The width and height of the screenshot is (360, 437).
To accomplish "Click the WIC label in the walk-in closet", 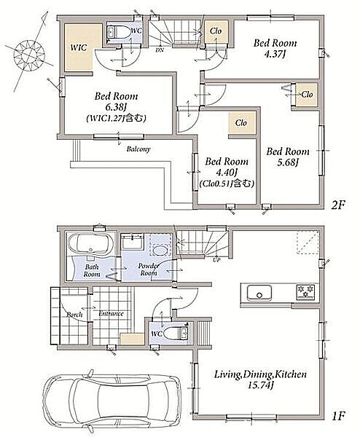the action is (x=79, y=47).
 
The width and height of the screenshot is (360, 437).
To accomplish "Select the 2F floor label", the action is (x=338, y=205).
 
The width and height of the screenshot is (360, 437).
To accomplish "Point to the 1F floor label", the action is (x=339, y=417).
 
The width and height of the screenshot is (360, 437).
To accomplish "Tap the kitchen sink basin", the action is (x=259, y=294).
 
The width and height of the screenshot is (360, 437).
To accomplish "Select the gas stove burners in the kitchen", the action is (x=305, y=292).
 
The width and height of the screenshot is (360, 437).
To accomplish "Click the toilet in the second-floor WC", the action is (x=119, y=34).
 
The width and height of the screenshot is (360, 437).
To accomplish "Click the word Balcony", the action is (x=138, y=149).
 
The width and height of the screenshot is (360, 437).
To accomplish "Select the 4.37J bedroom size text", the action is (x=275, y=54).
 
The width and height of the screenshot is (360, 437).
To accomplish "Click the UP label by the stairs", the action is (x=216, y=260).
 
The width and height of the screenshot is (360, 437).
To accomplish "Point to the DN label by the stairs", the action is (x=160, y=50).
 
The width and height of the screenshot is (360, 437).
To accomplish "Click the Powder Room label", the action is (x=149, y=269).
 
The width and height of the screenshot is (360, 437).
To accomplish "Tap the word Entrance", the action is (x=111, y=313).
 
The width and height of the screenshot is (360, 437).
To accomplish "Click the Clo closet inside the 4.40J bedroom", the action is (x=242, y=123).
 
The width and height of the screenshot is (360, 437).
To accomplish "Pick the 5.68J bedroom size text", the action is (x=288, y=162).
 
